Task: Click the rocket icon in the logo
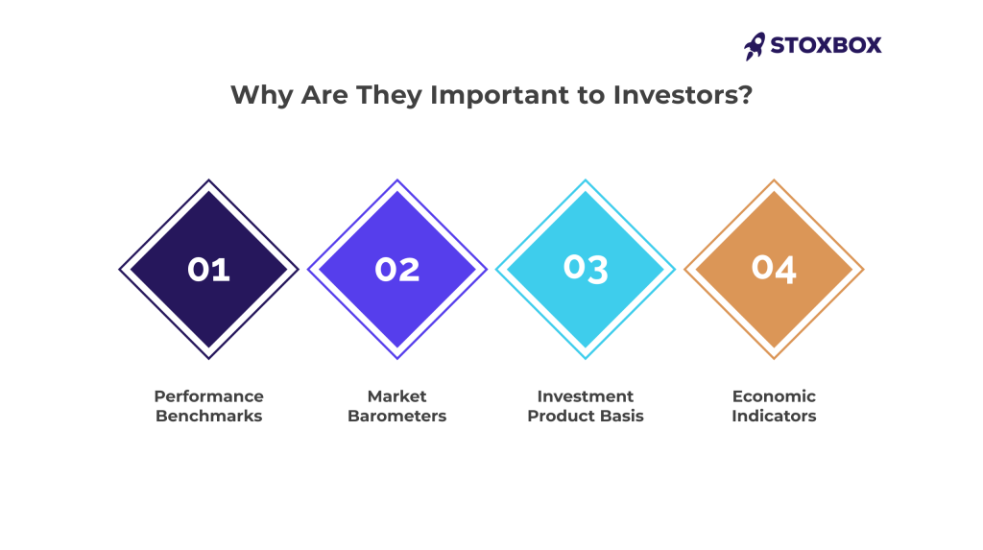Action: [755, 46]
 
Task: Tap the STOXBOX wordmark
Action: [826, 45]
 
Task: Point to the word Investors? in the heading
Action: [683, 95]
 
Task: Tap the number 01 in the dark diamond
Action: [208, 270]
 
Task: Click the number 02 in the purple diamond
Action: [396, 270]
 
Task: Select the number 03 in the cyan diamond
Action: [586, 269]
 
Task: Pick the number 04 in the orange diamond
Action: [774, 269]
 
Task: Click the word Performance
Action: [208, 396]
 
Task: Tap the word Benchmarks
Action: [208, 416]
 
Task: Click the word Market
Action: [396, 396]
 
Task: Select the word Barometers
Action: [396, 416]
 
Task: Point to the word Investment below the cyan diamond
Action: [586, 396]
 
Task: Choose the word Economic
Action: [774, 396]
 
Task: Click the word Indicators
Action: [774, 416]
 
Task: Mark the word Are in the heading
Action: [324, 95]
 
